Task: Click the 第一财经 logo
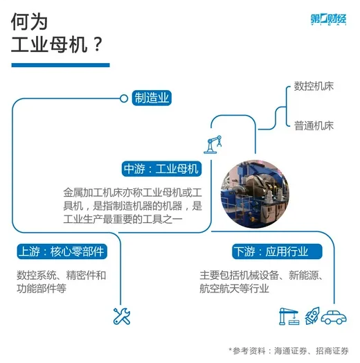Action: [328, 19]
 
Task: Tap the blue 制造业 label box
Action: [152, 98]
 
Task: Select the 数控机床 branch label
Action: [314, 86]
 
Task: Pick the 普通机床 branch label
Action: [314, 125]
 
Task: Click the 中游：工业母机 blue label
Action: [161, 168]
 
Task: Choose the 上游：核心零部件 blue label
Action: [62, 251]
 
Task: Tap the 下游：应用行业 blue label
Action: [277, 251]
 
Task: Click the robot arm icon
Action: [213, 145]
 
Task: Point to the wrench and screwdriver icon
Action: [122, 316]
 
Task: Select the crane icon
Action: [289, 316]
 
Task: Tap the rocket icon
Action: [312, 316]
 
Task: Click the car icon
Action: [334, 317]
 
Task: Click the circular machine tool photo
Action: [255, 194]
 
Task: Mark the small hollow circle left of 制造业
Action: [124, 98]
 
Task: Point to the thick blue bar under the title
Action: [61, 65]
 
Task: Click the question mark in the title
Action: [98, 44]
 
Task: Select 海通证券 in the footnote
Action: [290, 351]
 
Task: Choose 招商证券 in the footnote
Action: [332, 351]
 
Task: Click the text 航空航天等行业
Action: [234, 288]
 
